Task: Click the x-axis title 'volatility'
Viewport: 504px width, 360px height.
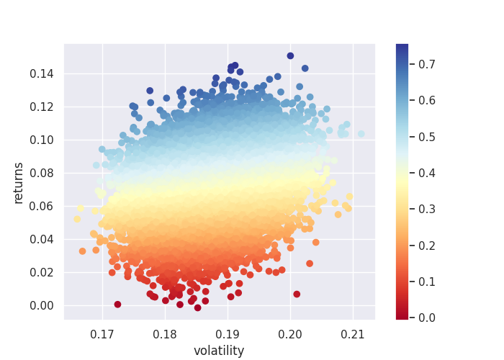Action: (219, 351)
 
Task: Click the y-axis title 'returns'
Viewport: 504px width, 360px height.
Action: (19, 183)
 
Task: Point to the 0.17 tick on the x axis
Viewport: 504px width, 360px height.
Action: (103, 335)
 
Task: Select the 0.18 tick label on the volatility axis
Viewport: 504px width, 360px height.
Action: (166, 335)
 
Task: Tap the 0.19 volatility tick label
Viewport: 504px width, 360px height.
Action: (228, 335)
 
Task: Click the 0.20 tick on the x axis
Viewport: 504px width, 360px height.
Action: (290, 335)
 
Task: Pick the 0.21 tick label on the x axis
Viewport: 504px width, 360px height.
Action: (353, 335)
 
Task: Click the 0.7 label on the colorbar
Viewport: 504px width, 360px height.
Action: (426, 64)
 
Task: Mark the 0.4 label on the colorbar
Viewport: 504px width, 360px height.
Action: (426, 172)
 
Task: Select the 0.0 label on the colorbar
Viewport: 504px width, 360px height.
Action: (426, 317)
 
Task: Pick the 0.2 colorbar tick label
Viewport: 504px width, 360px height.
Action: (426, 245)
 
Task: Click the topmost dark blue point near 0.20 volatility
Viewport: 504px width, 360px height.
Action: (290, 55)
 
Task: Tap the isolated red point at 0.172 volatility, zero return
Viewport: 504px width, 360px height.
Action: (117, 305)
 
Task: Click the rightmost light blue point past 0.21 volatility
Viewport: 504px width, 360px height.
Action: (361, 134)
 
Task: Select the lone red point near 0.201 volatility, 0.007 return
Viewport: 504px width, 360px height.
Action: (297, 294)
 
